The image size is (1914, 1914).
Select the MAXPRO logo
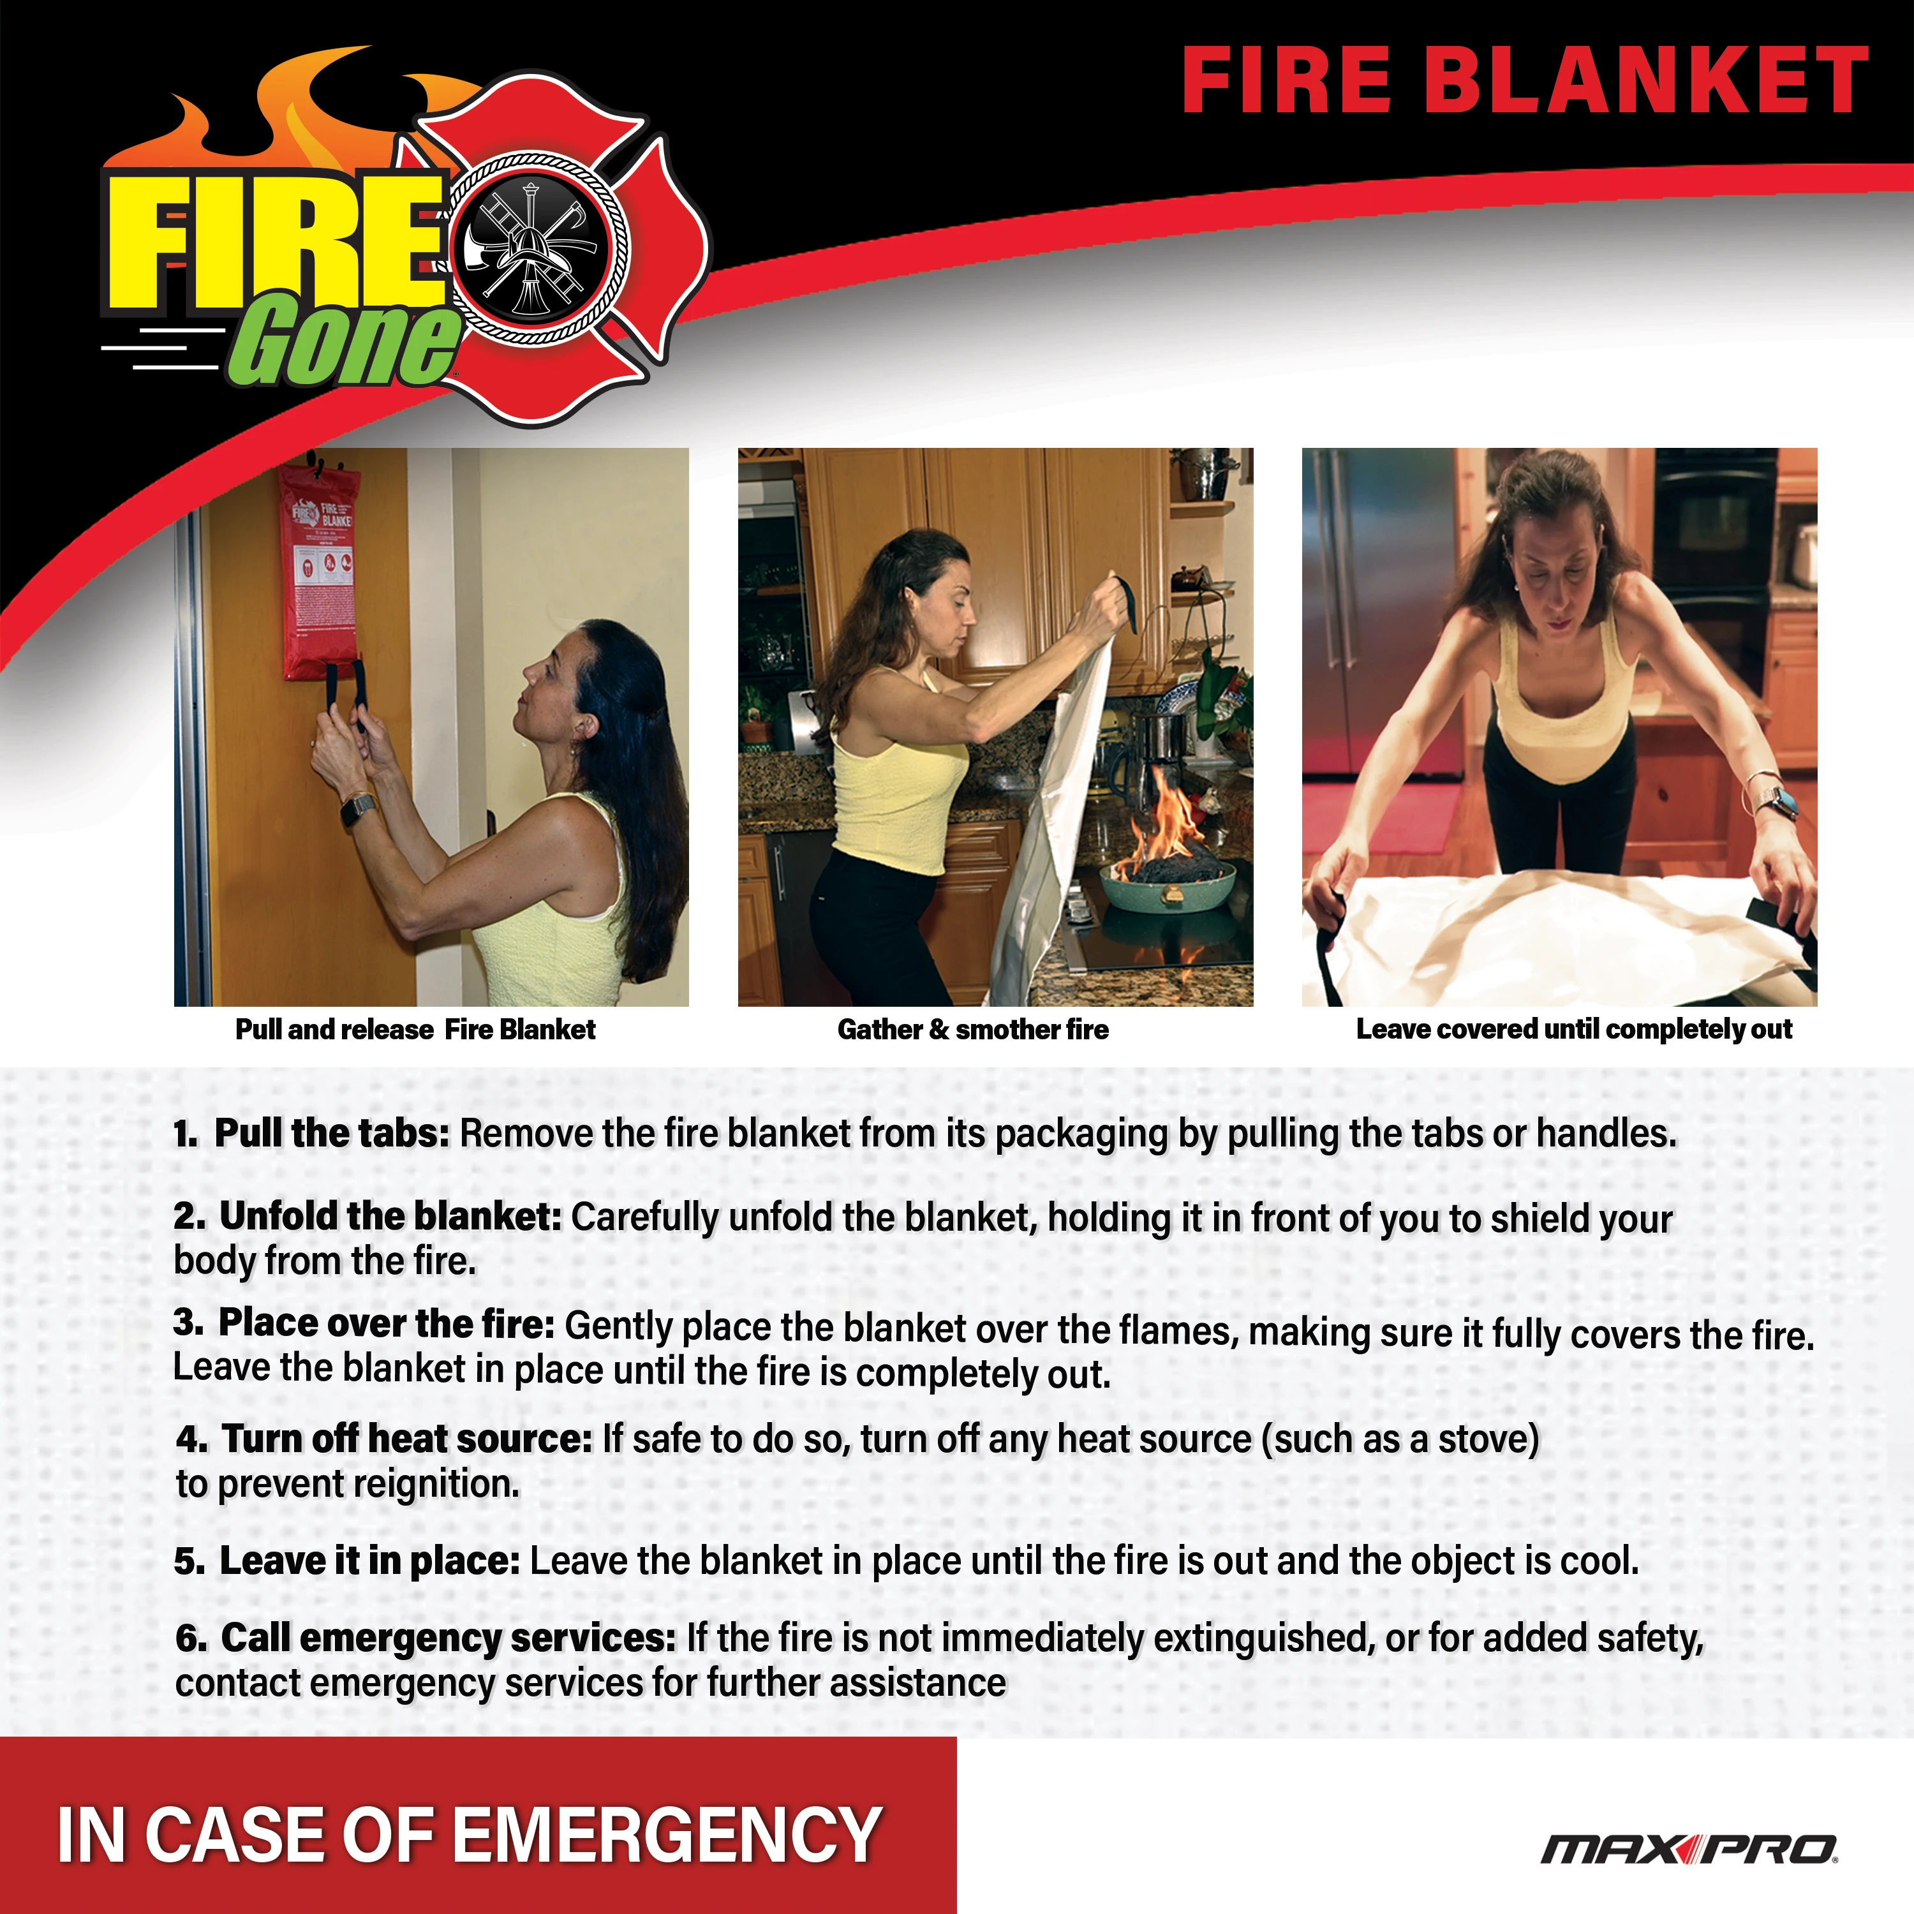click(1689, 1849)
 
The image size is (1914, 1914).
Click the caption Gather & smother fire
click(973, 1030)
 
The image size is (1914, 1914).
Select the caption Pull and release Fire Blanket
click(415, 1030)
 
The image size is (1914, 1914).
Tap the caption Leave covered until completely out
click(1574, 1030)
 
